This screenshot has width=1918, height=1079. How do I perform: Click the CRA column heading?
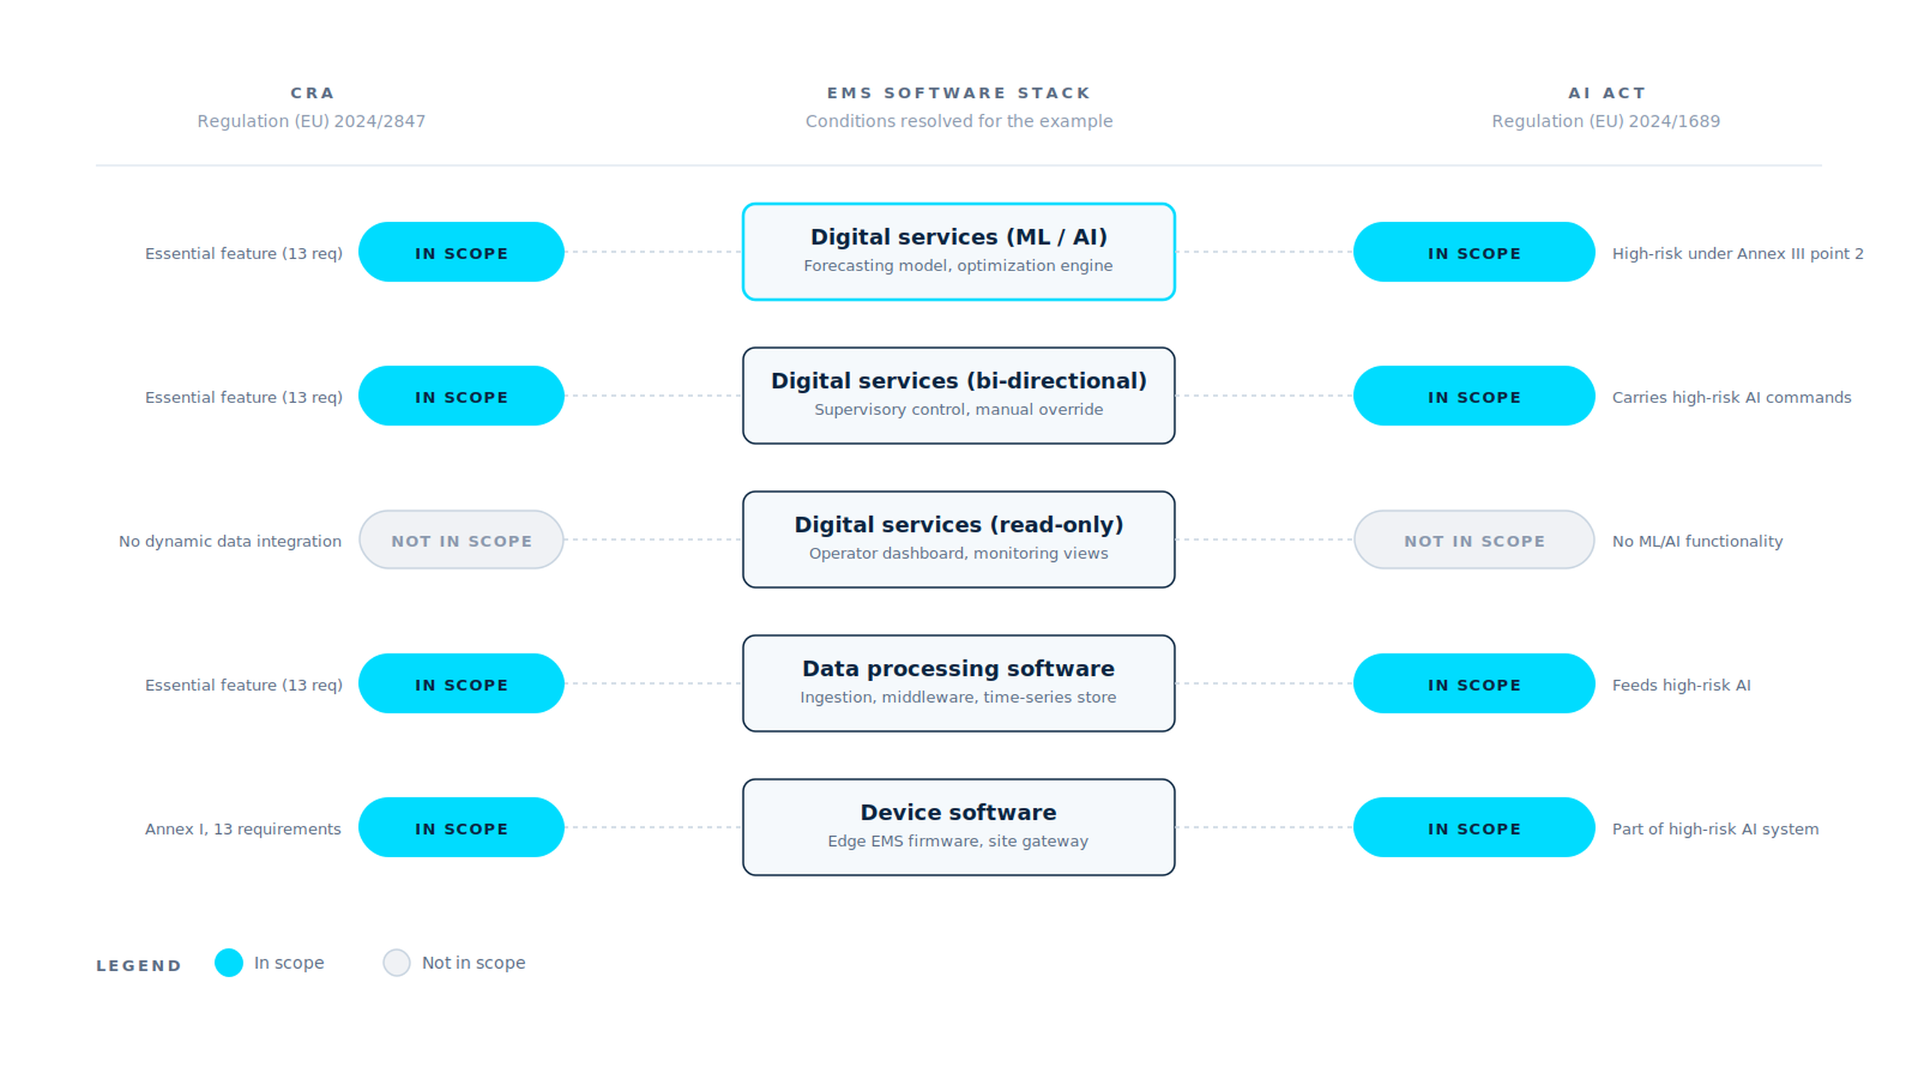pyautogui.click(x=312, y=93)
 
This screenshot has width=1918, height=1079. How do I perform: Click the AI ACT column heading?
pyautogui.click(x=1606, y=93)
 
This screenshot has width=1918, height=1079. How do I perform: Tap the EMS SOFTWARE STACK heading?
pyautogui.click(x=958, y=93)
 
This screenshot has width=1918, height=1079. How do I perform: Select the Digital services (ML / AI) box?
pyautogui.click(x=958, y=252)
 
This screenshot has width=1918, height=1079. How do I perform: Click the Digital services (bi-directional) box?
pyautogui.click(x=958, y=396)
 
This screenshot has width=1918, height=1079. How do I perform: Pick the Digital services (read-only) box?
pyautogui.click(x=958, y=539)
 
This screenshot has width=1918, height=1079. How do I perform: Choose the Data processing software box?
pyautogui.click(x=958, y=683)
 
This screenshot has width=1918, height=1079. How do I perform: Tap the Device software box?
pyautogui.click(x=958, y=827)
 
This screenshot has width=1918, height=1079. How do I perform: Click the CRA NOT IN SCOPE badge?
pyautogui.click(x=462, y=539)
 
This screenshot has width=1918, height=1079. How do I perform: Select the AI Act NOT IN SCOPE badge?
pyautogui.click(x=1474, y=539)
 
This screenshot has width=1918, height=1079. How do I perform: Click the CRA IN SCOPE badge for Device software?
pyautogui.click(x=462, y=827)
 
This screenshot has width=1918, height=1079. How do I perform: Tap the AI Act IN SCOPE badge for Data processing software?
pyautogui.click(x=1474, y=683)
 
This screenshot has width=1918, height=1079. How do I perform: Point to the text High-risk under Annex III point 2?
pyautogui.click(x=1737, y=253)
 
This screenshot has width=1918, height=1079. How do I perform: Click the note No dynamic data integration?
pyautogui.click(x=230, y=541)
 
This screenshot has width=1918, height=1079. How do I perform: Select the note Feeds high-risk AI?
pyautogui.click(x=1681, y=685)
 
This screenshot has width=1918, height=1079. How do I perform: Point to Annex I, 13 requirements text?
pyautogui.click(x=243, y=829)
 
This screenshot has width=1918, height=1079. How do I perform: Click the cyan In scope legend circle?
pyautogui.click(x=229, y=962)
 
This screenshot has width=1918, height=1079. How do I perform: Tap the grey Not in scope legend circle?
pyautogui.click(x=396, y=962)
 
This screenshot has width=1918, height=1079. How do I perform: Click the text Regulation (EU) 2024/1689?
pyautogui.click(x=1606, y=121)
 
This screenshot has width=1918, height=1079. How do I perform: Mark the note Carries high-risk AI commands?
pyautogui.click(x=1731, y=397)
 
